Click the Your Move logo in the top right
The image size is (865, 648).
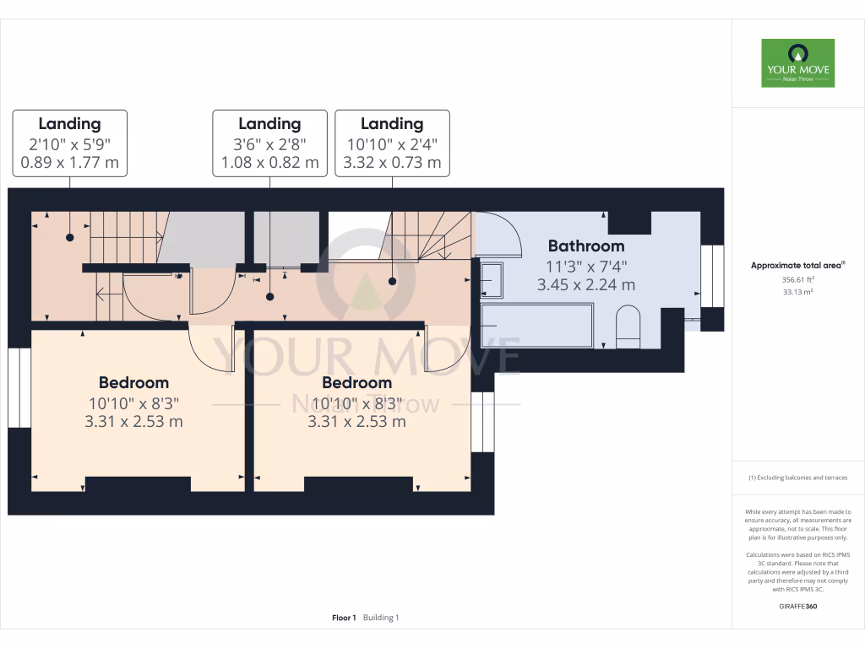point(797,63)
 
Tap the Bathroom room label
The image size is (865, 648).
point(586,246)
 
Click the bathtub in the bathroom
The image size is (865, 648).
point(536,326)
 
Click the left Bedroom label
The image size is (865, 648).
point(133,382)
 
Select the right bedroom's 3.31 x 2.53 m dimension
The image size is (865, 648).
point(356,421)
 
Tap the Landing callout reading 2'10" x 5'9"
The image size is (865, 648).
point(70,143)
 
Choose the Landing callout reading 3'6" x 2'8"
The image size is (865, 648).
point(269,143)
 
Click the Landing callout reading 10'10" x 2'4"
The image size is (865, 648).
point(392,143)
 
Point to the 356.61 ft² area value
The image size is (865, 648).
point(797,278)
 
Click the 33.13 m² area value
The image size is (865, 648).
point(797,293)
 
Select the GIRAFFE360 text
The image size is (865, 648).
point(797,606)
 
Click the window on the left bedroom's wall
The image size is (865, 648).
point(19,388)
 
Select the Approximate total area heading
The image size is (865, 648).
point(797,265)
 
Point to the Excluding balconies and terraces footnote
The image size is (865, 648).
point(797,478)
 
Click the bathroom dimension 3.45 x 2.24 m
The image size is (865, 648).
point(586,285)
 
